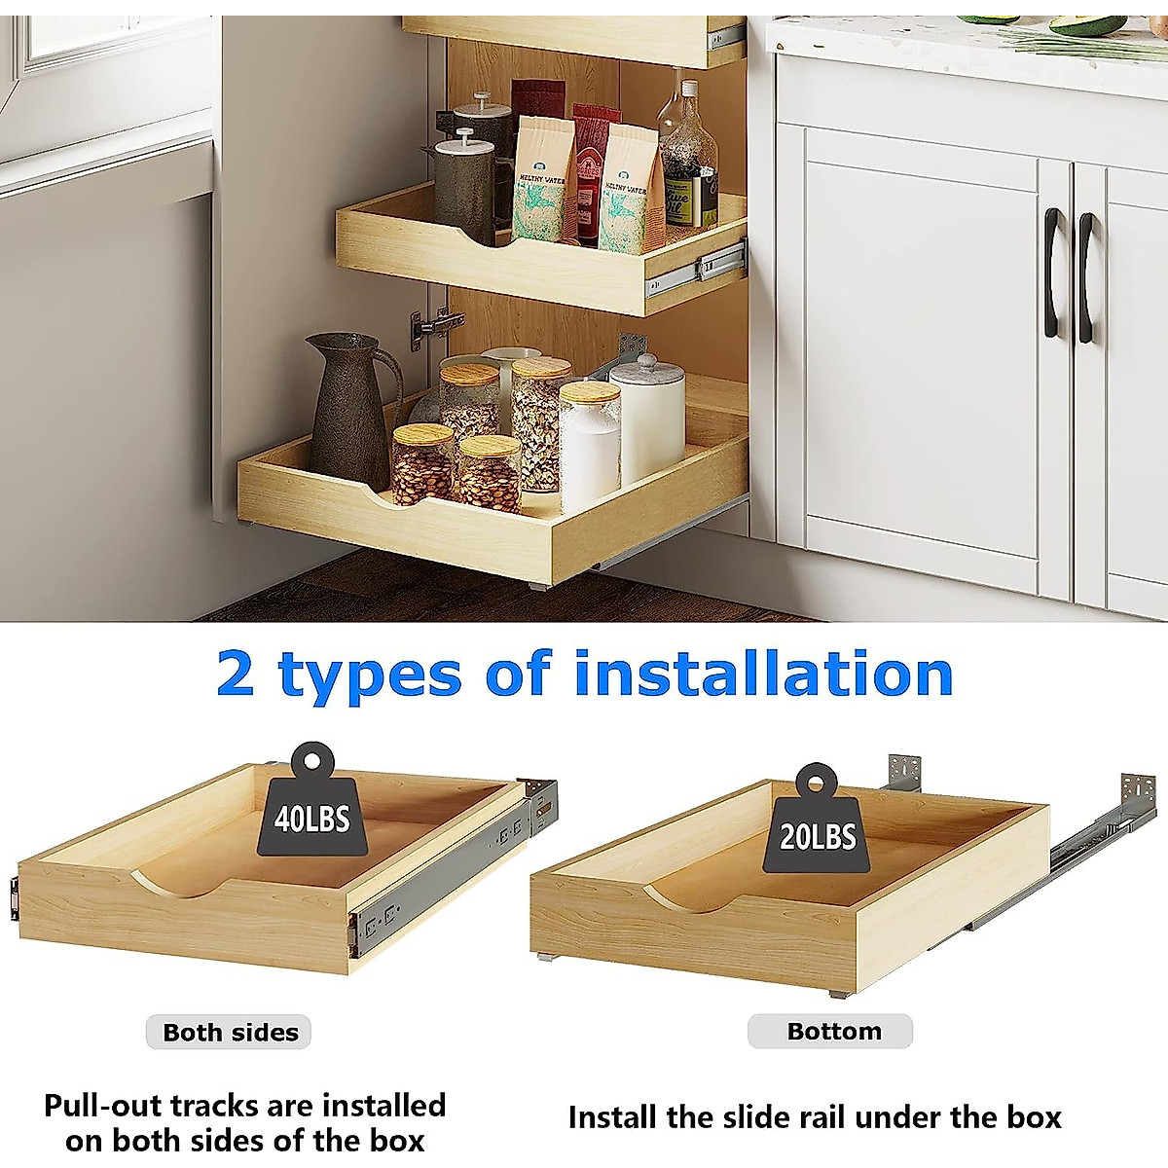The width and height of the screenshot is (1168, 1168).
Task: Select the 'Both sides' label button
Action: (x=230, y=1033)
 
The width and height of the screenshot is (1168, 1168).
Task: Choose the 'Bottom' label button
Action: (x=832, y=1031)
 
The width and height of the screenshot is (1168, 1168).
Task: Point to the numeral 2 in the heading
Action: (x=236, y=674)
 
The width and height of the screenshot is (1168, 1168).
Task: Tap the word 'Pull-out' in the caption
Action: (x=104, y=1106)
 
